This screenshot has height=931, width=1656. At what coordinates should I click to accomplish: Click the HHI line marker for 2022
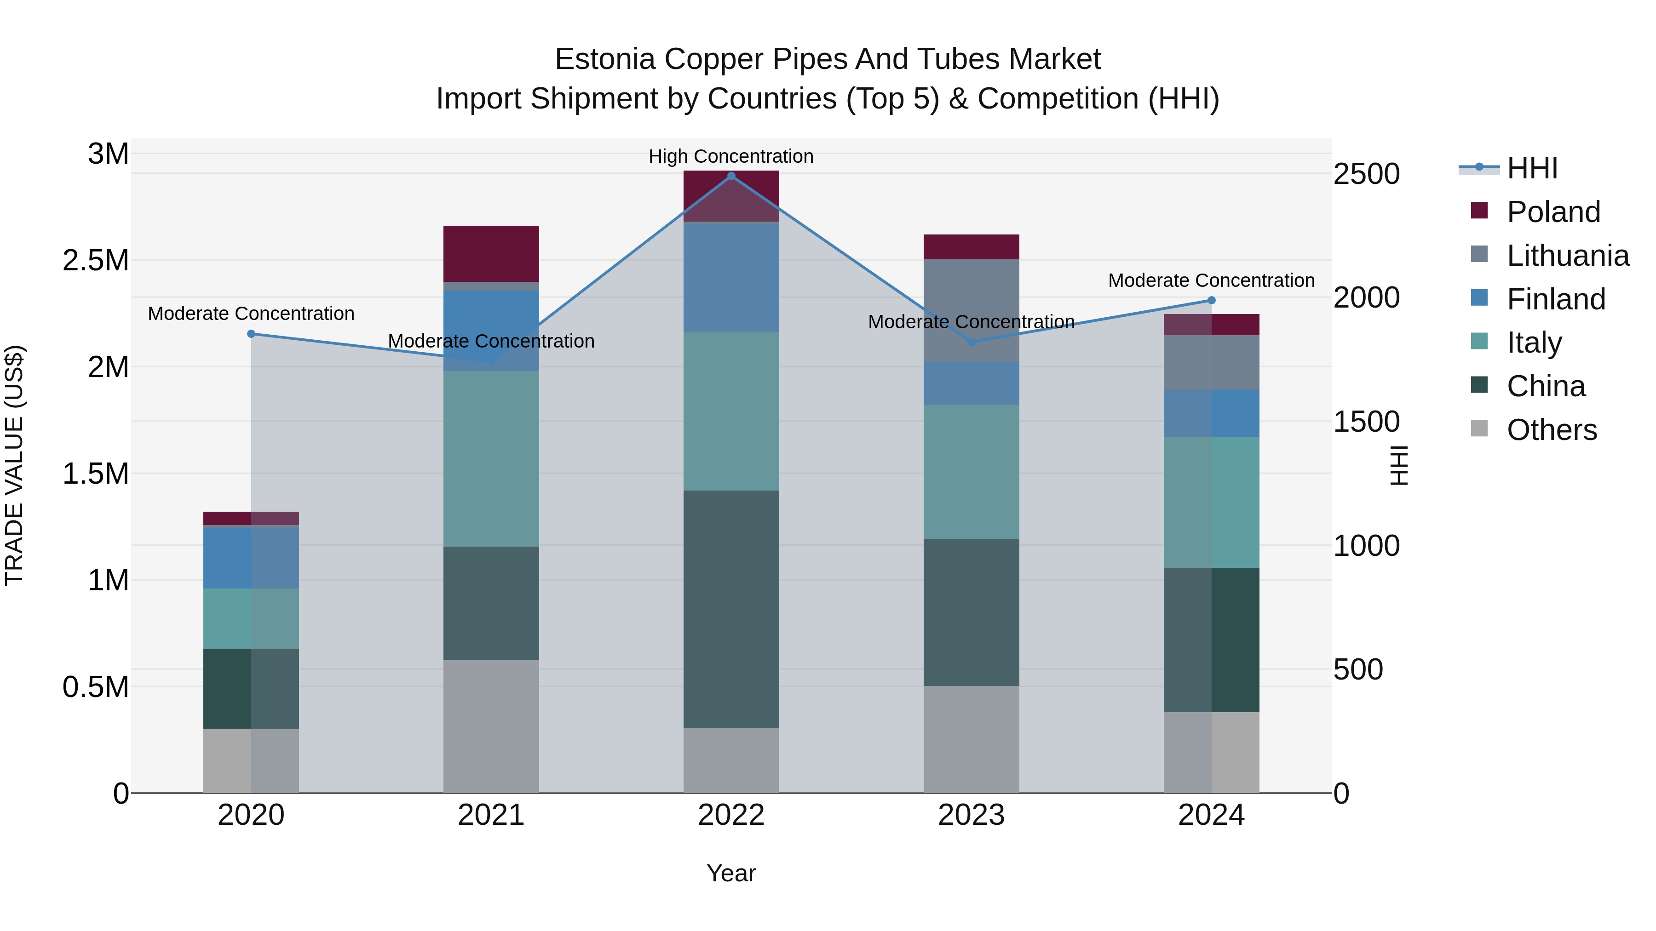click(731, 176)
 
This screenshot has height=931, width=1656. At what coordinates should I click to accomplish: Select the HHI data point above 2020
click(251, 333)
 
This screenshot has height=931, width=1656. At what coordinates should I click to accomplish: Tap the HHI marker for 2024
click(1211, 300)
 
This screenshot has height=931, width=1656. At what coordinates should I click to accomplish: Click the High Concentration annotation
click(731, 156)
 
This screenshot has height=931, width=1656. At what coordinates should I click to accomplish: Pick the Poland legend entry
click(1552, 212)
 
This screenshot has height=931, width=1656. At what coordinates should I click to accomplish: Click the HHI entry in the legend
click(1531, 168)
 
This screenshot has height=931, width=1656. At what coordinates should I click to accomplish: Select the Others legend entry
click(1551, 430)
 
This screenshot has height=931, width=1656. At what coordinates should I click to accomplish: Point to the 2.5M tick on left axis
click(96, 261)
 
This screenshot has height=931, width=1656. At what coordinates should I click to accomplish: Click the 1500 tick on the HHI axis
click(1366, 422)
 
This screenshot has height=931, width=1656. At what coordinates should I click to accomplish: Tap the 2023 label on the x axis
click(971, 815)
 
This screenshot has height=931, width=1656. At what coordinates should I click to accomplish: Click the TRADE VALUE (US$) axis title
click(15, 465)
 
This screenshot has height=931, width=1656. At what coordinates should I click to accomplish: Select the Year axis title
click(731, 873)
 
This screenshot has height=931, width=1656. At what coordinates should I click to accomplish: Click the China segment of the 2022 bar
click(731, 609)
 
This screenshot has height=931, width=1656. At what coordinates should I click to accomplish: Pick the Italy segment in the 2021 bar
click(491, 459)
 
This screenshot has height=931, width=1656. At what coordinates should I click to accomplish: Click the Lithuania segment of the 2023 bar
click(971, 310)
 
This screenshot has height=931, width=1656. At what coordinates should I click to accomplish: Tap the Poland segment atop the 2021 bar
click(491, 253)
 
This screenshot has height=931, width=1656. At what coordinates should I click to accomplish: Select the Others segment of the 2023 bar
click(971, 739)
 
